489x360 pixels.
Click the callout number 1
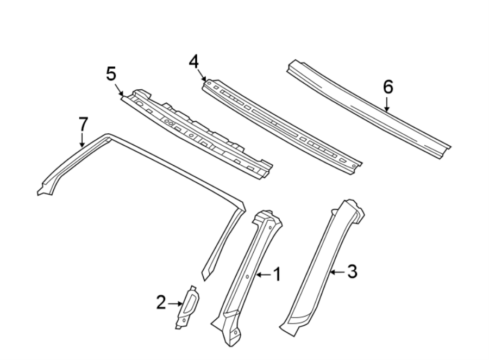pos(277,275)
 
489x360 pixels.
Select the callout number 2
pos(161,303)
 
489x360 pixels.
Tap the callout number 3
pos(352,271)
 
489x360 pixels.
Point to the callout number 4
pos(193,61)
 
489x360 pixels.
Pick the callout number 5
pos(111,73)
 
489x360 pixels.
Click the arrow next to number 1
pos(263,275)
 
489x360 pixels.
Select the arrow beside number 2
pos(175,303)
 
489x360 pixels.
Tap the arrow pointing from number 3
pos(337,271)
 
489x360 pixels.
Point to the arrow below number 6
pos(387,104)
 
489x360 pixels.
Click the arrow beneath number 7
pos(81,141)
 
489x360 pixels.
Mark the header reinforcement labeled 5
pos(196,131)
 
